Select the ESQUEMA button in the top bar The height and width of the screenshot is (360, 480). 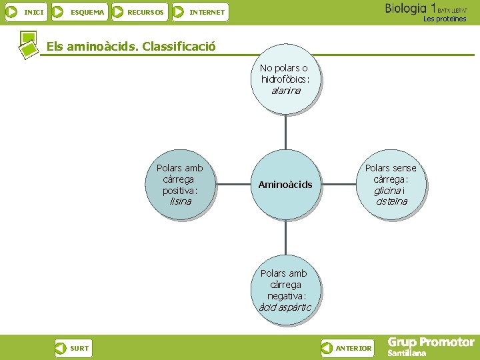click(x=79, y=12)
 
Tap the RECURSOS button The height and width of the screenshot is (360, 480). click(x=138, y=12)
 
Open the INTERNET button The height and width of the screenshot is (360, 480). click(x=200, y=12)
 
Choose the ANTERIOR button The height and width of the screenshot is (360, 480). click(x=347, y=348)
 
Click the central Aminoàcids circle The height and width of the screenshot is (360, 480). click(x=285, y=185)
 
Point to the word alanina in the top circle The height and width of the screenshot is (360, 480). click(x=285, y=91)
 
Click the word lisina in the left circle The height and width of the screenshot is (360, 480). click(x=180, y=201)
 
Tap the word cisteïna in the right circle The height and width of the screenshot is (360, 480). click(x=391, y=201)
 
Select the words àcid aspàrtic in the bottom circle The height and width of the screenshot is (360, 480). click(x=285, y=307)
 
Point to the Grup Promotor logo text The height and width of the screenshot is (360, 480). click(x=431, y=343)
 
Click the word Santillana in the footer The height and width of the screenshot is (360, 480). click(x=407, y=353)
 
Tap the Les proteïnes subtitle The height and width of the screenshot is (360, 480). click(x=445, y=19)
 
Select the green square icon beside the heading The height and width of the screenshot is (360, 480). click(x=28, y=44)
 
